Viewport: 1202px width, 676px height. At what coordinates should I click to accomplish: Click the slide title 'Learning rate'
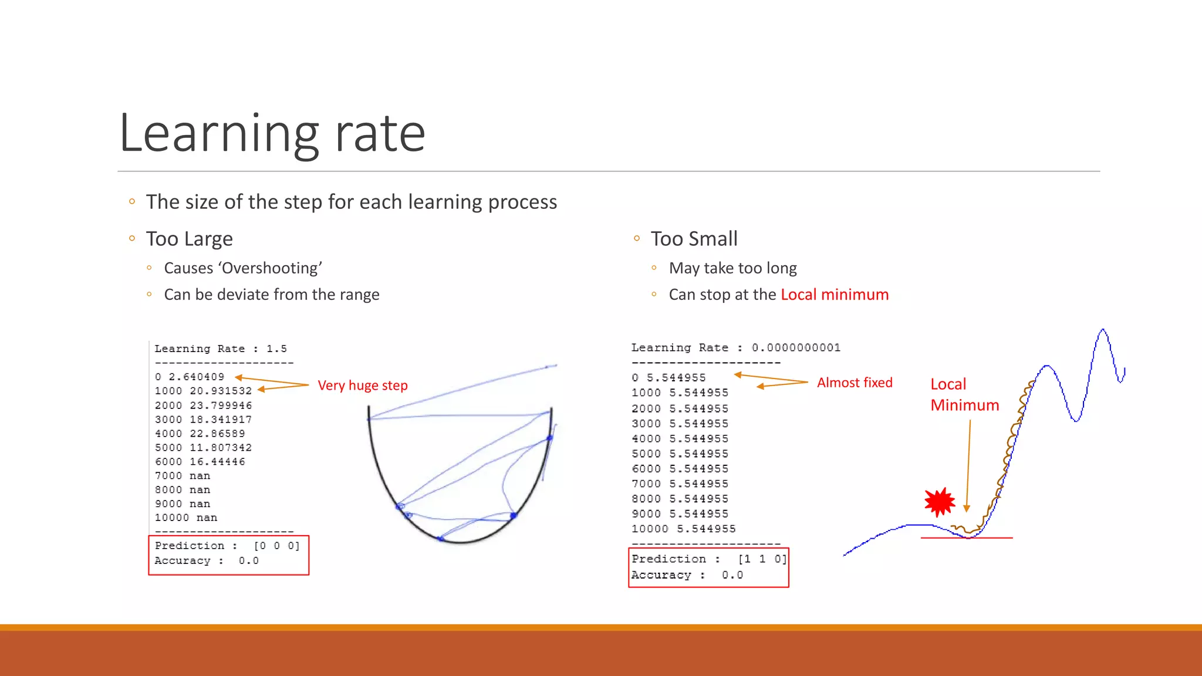(272, 134)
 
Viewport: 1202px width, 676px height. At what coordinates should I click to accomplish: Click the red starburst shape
(940, 502)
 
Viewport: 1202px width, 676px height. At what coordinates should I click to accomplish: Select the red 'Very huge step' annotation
(362, 386)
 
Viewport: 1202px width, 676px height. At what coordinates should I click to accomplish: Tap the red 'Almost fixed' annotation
(855, 383)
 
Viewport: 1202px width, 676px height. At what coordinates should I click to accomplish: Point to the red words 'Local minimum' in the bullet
(834, 295)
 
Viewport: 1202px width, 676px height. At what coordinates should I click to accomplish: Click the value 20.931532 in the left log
(221, 391)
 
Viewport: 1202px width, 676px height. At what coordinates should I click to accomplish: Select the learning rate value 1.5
(276, 349)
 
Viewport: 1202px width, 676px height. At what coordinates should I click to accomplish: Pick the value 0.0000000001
(796, 347)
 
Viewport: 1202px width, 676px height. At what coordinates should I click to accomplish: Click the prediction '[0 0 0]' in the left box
(276, 546)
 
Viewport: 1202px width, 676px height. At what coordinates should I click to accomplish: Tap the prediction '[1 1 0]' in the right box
(762, 559)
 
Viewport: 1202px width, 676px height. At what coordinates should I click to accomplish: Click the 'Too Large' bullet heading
(189, 239)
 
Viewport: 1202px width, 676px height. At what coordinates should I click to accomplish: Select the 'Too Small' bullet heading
(694, 239)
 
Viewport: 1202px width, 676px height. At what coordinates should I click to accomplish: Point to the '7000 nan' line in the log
(183, 476)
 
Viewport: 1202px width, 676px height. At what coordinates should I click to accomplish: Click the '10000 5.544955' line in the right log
(683, 529)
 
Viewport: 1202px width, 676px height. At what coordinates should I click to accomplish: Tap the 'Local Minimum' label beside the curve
(964, 394)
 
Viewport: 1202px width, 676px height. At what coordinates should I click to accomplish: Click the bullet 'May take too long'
(732, 268)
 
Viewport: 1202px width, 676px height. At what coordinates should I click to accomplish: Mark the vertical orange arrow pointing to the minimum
(968, 464)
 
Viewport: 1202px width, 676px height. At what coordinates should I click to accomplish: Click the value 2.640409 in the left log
(196, 377)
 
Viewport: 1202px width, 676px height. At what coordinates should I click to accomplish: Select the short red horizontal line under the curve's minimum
(966, 538)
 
